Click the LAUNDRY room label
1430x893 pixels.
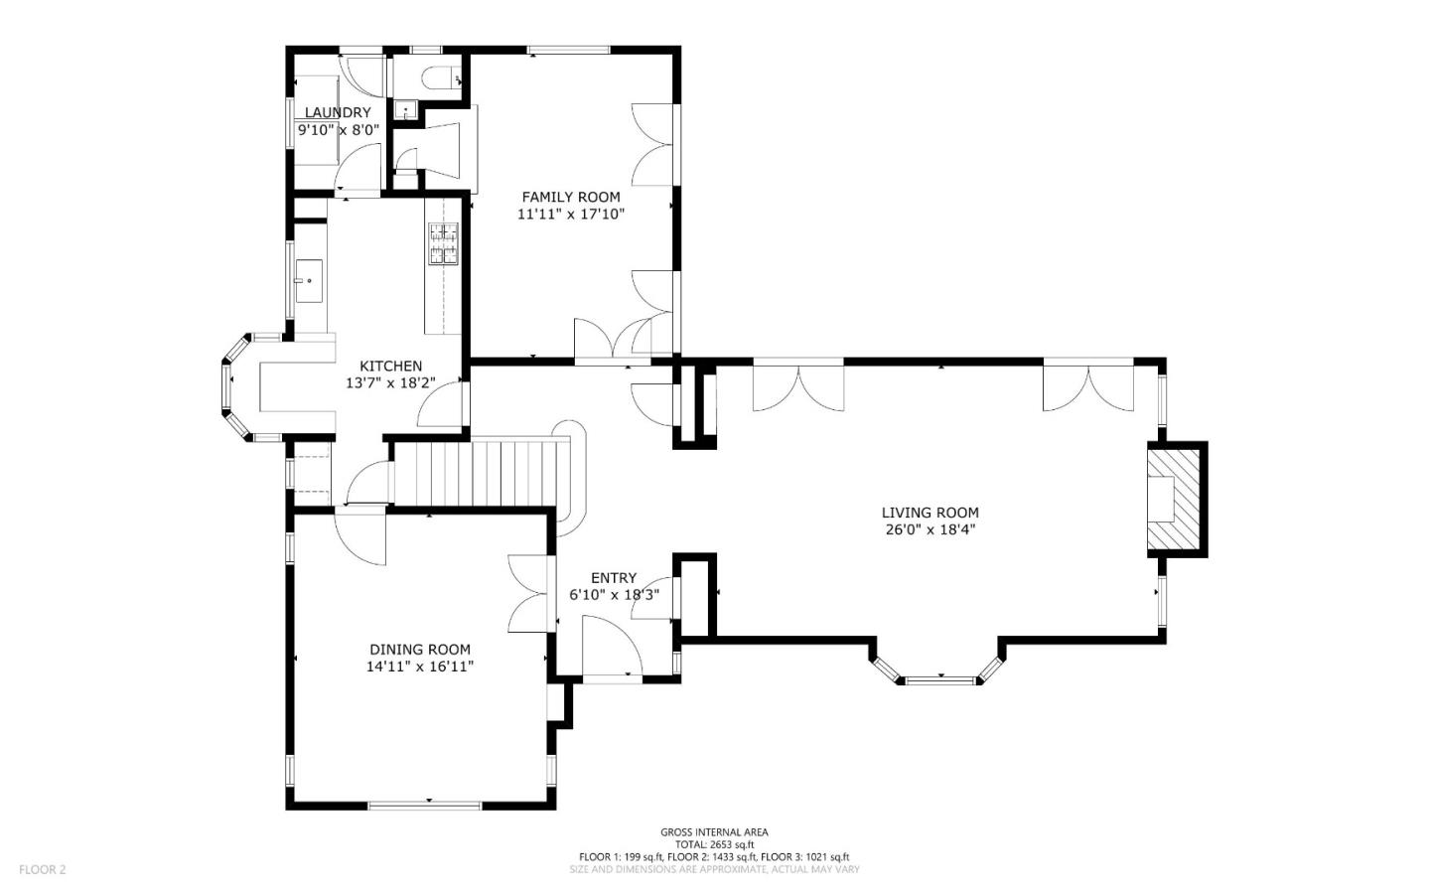337,112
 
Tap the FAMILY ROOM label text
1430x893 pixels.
571,197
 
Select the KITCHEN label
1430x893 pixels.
390,366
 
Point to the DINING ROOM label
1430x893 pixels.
420,650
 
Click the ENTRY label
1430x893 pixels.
614,578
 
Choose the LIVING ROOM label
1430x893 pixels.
930,513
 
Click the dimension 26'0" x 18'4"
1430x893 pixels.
930,529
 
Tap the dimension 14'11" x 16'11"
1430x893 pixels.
420,667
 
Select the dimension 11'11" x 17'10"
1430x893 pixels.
571,214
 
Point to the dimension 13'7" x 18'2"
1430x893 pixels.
390,383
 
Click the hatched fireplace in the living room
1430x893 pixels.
1174,500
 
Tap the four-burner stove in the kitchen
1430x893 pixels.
443,243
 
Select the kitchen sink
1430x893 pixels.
308,280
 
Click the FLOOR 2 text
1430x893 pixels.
42,869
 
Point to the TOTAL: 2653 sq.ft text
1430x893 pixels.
714,844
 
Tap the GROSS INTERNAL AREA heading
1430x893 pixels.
714,832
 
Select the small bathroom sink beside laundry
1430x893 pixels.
405,111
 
